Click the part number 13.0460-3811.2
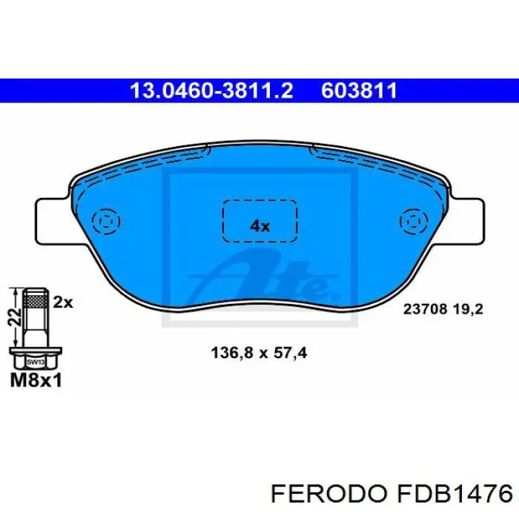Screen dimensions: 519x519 tap(212, 90)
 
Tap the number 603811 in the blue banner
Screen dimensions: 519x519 tap(360, 90)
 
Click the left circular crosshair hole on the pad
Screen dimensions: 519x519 tap(106, 222)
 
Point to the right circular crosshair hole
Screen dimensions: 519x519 tap(413, 221)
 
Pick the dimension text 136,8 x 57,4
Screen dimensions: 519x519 tap(254, 354)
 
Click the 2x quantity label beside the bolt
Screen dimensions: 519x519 tap(64, 302)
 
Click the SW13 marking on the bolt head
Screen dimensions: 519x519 tap(34, 363)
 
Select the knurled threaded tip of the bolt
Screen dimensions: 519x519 tap(34, 301)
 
